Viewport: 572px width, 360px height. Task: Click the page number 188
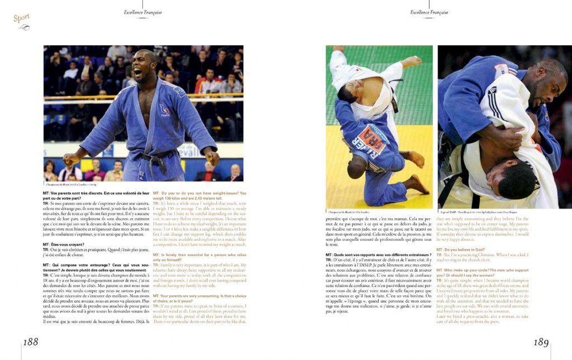tap(31, 342)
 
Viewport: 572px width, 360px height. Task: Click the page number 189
tap(541, 342)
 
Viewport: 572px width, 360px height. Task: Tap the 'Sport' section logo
tap(22, 18)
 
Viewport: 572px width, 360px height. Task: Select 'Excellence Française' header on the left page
tap(143, 12)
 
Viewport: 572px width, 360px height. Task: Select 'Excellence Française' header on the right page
tap(429, 12)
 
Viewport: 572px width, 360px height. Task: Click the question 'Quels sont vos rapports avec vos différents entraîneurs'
tap(378, 255)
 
